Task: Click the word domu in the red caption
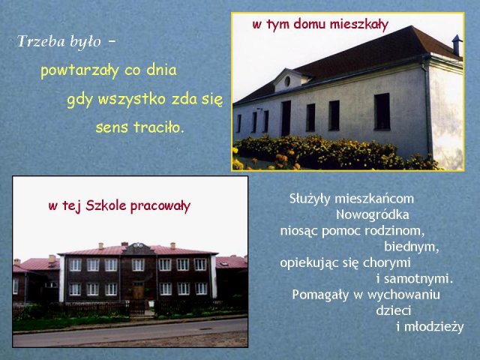click(x=310, y=24)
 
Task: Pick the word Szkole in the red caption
click(x=106, y=205)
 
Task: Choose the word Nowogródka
click(x=372, y=214)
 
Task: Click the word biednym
click(x=412, y=247)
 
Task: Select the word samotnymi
click(x=418, y=279)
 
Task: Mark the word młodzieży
click(x=433, y=327)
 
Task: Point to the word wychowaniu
click(x=403, y=295)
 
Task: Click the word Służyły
click(x=310, y=199)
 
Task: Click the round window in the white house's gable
click(x=287, y=81)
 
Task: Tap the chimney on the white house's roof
click(x=457, y=45)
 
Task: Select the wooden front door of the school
click(x=138, y=290)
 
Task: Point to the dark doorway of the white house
click(x=286, y=118)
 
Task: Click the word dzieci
click(x=393, y=310)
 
